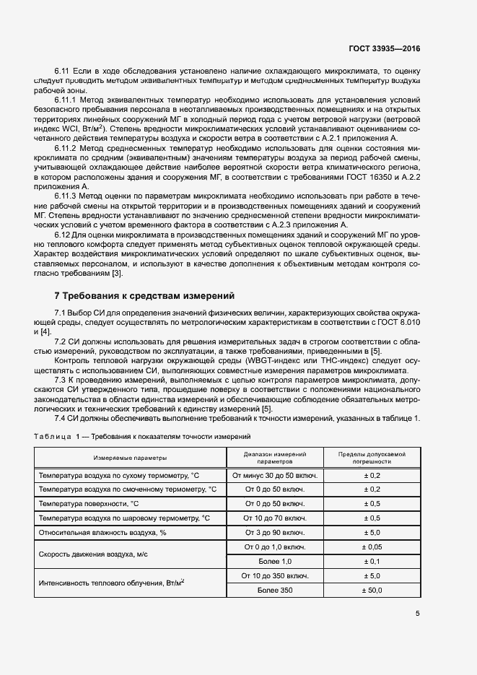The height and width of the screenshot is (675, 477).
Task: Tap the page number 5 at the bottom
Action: click(418, 614)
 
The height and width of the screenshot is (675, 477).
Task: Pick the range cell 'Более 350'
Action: click(275, 590)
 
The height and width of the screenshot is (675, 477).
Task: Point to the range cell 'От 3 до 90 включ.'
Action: click(275, 532)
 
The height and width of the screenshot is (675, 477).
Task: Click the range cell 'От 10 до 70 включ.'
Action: click(275, 518)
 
